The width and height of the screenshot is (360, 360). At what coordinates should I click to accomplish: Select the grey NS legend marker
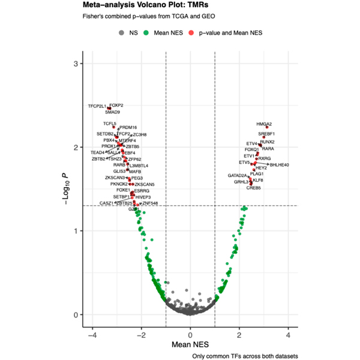coord(122,32)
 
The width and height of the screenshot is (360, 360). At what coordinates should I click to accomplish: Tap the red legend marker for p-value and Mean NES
coord(191,32)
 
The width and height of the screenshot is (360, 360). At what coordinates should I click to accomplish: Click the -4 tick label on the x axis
coord(92,335)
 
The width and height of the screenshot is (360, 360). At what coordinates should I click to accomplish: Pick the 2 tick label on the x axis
coord(239,335)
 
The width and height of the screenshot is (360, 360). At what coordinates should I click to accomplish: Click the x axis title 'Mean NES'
coord(190,345)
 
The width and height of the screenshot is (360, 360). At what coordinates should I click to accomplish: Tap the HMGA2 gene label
coord(264,124)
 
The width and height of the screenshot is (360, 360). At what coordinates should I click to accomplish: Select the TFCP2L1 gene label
coord(97,106)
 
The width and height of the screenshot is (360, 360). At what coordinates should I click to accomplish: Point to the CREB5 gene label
coord(254,188)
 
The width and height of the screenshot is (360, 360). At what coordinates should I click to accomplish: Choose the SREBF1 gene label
coord(267,134)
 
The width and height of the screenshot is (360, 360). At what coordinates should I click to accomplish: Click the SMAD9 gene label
coord(112,112)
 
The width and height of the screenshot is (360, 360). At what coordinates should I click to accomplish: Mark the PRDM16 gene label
coord(128,127)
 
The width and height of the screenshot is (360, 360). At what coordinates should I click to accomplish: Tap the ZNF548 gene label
coord(150,203)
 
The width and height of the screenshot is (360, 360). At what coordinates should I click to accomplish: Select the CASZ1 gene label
coord(106,203)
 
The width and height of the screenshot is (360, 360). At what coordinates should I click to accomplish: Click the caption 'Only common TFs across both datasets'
coord(245,356)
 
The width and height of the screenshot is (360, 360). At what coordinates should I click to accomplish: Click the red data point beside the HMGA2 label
coord(266,128)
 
